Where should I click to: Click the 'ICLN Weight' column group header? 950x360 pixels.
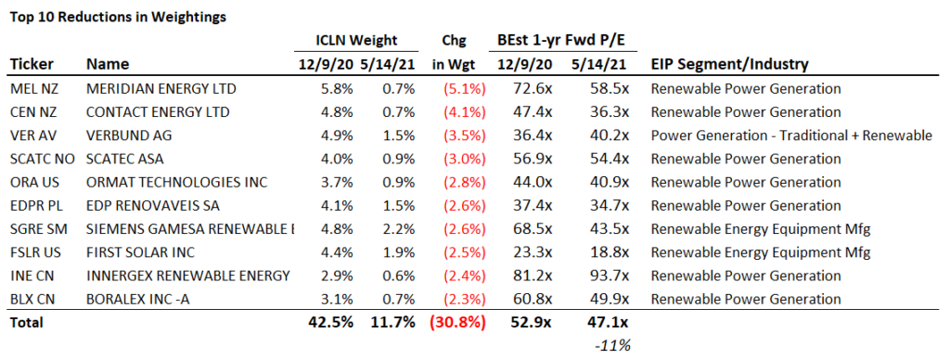pos(345,40)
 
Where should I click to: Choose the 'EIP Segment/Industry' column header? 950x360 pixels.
pos(729,65)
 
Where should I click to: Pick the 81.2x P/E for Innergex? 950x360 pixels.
pos(532,276)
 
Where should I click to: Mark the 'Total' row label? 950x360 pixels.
pos(28,323)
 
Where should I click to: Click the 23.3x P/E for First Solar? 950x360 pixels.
pos(532,252)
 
